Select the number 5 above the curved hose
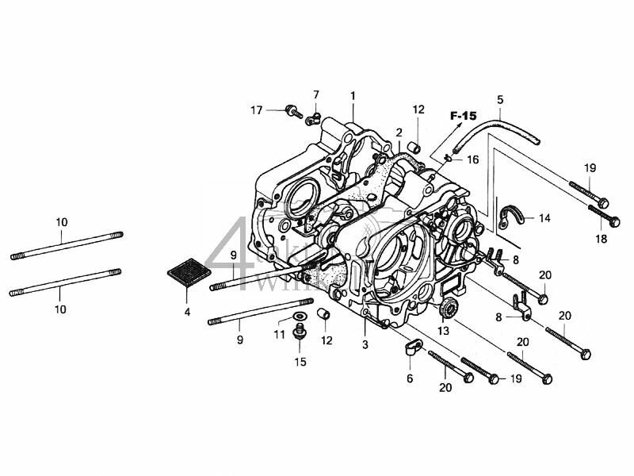(x=500, y=99)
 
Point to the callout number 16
(x=472, y=159)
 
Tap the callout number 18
(x=602, y=239)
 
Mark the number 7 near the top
(x=315, y=95)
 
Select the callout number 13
(x=443, y=330)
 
